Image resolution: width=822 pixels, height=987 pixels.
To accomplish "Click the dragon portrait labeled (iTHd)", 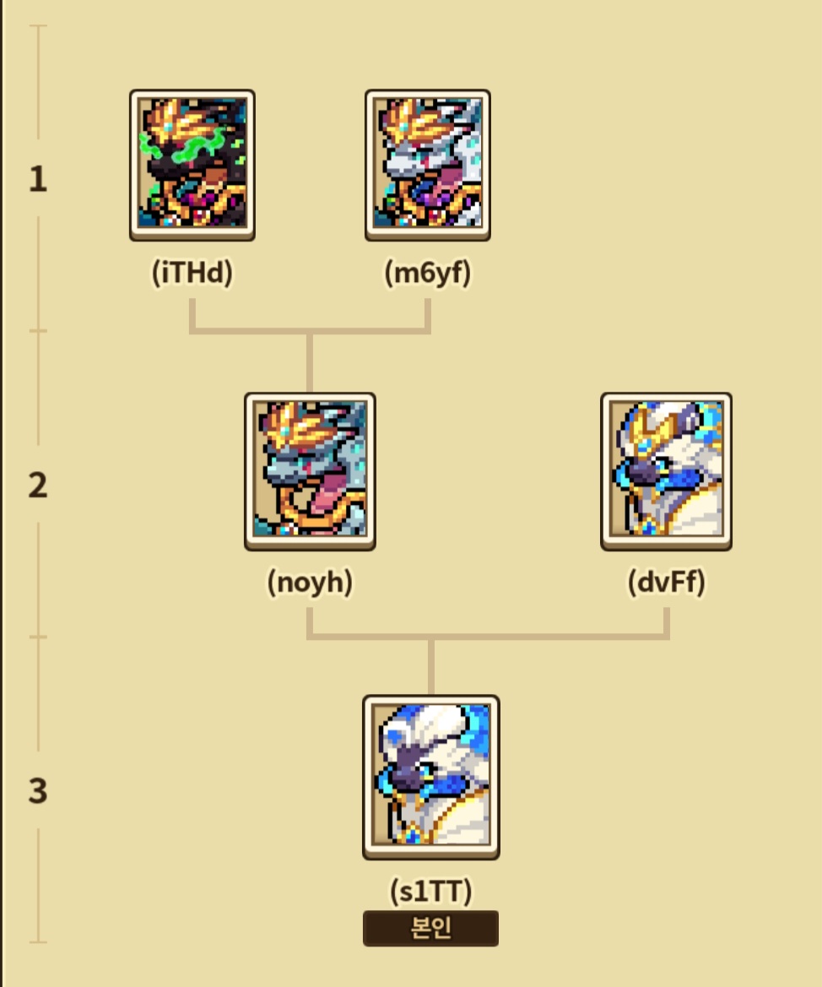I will [192, 165].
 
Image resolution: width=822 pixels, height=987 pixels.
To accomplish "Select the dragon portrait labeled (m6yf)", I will [428, 165].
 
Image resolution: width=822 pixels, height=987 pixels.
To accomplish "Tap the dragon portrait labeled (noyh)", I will [310, 471].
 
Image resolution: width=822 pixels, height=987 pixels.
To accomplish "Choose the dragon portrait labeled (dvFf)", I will [666, 471].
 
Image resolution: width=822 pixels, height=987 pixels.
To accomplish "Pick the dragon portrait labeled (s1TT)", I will [430, 777].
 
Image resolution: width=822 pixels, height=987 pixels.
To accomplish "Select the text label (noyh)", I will [310, 583].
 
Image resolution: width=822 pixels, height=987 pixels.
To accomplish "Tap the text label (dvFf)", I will [666, 583].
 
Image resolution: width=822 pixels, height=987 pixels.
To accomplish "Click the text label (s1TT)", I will [430, 891].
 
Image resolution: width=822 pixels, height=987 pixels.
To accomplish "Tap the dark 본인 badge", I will [430, 928].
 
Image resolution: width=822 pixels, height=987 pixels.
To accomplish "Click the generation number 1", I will [38, 180].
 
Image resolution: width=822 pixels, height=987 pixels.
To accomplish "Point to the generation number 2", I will [38, 486].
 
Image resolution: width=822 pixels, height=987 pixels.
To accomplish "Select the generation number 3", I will [38, 792].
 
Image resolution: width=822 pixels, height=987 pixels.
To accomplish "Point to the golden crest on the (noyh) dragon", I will [291, 422].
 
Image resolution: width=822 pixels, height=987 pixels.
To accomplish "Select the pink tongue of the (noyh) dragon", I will [324, 494].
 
